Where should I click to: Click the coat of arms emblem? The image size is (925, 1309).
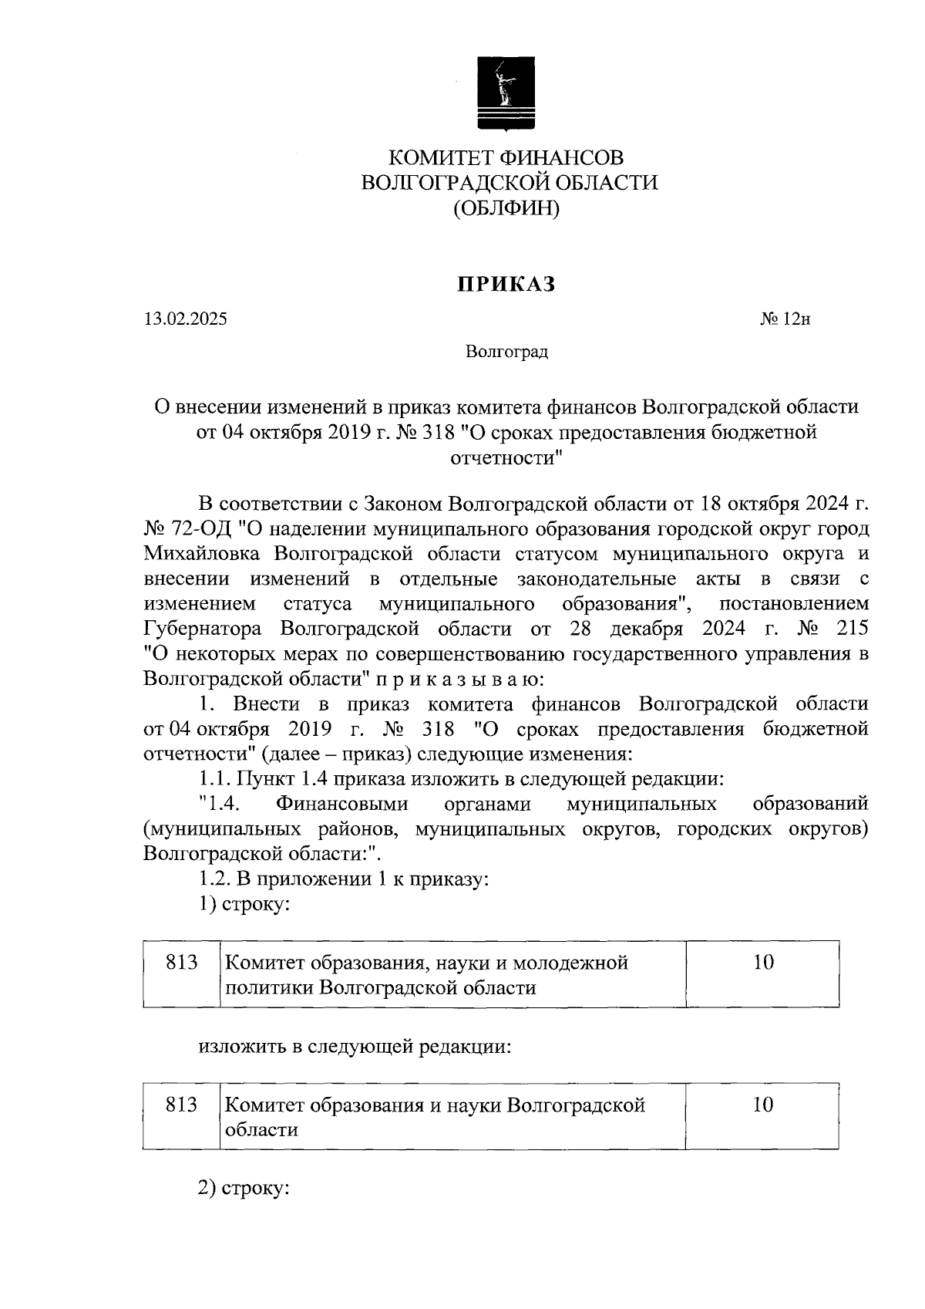(506, 93)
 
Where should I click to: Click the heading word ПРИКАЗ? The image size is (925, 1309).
(506, 285)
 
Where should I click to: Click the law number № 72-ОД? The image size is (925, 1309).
(188, 529)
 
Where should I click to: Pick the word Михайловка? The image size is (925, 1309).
(203, 554)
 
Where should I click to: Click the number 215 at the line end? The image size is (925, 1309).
(851, 629)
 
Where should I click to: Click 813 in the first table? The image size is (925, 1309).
(182, 963)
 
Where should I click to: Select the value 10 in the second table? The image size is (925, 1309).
(762, 1105)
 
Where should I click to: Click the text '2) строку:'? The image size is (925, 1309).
(244, 1189)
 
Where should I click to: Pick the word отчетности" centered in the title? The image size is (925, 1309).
(506, 458)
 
